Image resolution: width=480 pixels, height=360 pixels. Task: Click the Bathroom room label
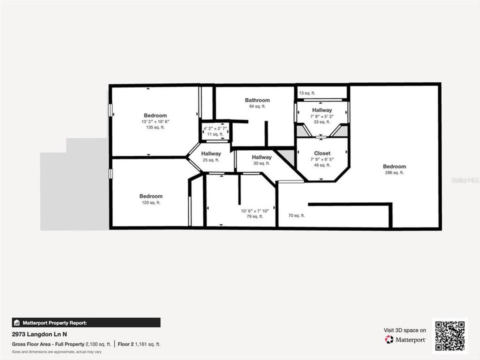point(257,100)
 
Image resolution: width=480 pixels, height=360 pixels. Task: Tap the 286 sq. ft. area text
point(394,172)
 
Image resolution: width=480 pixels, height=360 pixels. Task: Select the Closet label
point(322,153)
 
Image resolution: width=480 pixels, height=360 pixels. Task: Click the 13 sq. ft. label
point(306,93)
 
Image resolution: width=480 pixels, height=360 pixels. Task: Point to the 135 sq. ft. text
point(155,127)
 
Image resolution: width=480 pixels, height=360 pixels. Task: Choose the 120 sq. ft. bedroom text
point(150,202)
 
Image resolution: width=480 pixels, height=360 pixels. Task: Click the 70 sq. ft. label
point(296,215)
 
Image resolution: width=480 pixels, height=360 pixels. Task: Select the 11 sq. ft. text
point(215,134)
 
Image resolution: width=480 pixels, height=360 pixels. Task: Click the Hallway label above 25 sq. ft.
point(211,153)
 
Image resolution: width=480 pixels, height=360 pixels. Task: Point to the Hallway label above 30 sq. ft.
point(261,157)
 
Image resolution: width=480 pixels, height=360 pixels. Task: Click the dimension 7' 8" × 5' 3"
point(321,116)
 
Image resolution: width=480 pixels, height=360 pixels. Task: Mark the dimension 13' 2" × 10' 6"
point(155,121)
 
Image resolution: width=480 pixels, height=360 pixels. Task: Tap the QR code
point(450,335)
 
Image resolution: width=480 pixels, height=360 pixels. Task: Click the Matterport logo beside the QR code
point(405,339)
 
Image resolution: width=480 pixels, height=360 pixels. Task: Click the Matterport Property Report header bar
point(86,322)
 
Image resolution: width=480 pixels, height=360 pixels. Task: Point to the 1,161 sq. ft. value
point(148,344)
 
